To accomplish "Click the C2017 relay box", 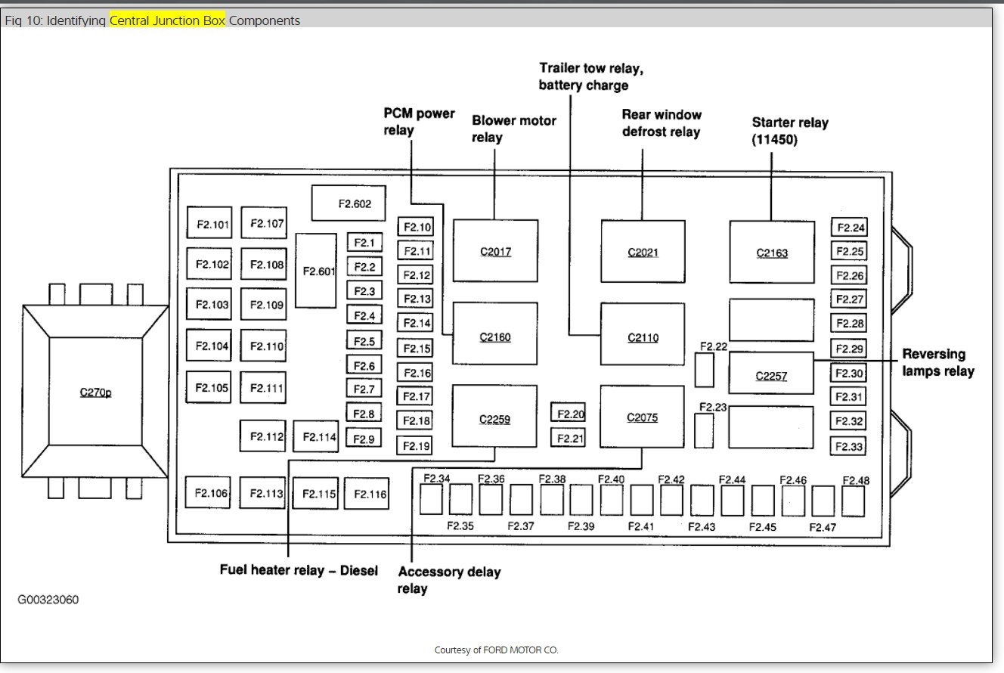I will click(495, 251).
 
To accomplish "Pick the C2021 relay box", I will click(643, 251).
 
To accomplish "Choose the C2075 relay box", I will click(642, 416).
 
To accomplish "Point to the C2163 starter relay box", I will click(772, 252).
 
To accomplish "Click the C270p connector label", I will click(95, 392).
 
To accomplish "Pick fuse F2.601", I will click(316, 270).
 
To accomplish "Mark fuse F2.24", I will click(848, 228).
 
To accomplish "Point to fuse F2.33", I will click(848, 446).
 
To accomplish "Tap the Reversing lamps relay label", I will click(937, 362).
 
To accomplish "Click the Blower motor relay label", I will click(513, 129).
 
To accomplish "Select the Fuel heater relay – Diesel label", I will click(299, 570).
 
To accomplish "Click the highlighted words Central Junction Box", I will click(167, 20).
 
